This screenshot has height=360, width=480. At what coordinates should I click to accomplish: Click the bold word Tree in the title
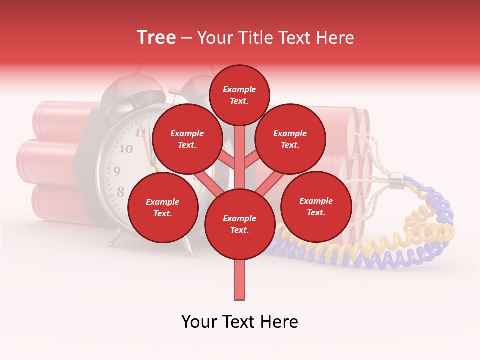(156, 38)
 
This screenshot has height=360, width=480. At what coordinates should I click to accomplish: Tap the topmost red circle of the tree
(239, 95)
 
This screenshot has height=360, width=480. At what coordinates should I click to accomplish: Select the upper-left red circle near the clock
(187, 139)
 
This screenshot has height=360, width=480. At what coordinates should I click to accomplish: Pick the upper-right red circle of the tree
(290, 139)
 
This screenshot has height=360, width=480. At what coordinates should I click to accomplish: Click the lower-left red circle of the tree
(163, 207)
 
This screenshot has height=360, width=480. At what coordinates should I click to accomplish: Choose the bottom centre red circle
(240, 224)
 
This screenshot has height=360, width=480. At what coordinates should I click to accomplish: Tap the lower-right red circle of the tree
(316, 206)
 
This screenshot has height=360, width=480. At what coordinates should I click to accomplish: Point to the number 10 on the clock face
(126, 149)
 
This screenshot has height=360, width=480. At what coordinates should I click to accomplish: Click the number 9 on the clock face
(117, 171)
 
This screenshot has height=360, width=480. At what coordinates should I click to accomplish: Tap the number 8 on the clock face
(120, 192)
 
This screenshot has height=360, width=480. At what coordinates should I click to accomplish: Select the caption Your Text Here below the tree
(240, 322)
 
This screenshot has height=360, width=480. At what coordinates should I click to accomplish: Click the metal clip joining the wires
(396, 178)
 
